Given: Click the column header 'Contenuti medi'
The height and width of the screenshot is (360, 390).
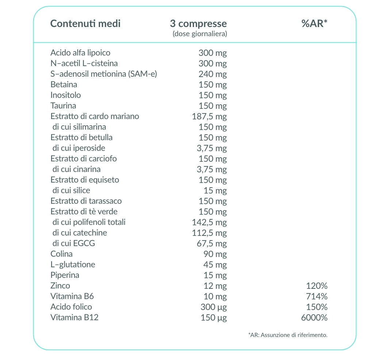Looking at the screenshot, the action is pyautogui.click(x=85, y=24).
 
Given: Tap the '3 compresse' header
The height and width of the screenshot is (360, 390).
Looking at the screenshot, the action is pyautogui.click(x=199, y=24).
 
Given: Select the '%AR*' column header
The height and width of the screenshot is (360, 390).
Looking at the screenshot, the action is pyautogui.click(x=314, y=23).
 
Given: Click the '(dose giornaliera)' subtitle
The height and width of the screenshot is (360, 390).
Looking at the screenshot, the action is pyautogui.click(x=200, y=34).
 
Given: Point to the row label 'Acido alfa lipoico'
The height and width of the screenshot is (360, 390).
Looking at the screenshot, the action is pyautogui.click(x=80, y=53).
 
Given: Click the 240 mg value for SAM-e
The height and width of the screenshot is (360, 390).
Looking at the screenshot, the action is pyautogui.click(x=213, y=74).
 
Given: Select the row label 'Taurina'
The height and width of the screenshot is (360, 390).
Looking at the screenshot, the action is pyautogui.click(x=63, y=106).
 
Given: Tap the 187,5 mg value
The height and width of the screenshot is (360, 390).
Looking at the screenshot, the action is pyautogui.click(x=210, y=116).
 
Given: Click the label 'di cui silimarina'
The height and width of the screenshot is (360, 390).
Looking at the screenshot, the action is pyautogui.click(x=79, y=127).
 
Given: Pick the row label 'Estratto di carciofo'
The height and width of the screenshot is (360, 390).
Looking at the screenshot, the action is pyautogui.click(x=84, y=158).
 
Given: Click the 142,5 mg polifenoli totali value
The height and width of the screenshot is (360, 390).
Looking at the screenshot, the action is pyautogui.click(x=210, y=222).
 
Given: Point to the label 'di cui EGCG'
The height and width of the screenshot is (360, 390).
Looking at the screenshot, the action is pyautogui.click(x=74, y=243).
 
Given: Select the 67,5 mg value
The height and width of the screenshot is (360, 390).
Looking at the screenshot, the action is pyautogui.click(x=212, y=244).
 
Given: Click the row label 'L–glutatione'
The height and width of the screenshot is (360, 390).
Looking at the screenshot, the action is pyautogui.click(x=73, y=265).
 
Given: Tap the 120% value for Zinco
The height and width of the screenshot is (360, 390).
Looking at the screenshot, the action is pyautogui.click(x=317, y=286).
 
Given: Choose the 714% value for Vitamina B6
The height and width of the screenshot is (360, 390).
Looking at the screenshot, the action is pyautogui.click(x=317, y=296).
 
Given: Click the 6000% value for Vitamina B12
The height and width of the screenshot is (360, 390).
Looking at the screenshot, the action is pyautogui.click(x=314, y=318).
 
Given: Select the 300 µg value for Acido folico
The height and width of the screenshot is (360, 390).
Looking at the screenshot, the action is pyautogui.click(x=214, y=307).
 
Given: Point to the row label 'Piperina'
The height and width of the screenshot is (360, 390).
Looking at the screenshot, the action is pyautogui.click(x=65, y=275).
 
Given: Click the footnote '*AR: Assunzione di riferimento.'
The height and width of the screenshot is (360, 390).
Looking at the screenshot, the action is pyautogui.click(x=288, y=335).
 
